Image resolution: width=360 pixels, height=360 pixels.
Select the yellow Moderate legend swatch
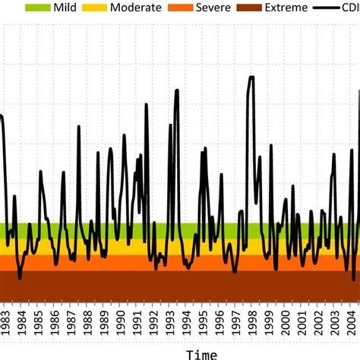tap(96, 8)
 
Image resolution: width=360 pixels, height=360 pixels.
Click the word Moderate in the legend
tap(135, 8)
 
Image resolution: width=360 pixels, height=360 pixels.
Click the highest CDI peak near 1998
tap(251, 77)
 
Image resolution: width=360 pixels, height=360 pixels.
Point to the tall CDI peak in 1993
tap(177, 90)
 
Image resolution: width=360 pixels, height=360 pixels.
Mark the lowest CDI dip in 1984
tap(20, 279)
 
